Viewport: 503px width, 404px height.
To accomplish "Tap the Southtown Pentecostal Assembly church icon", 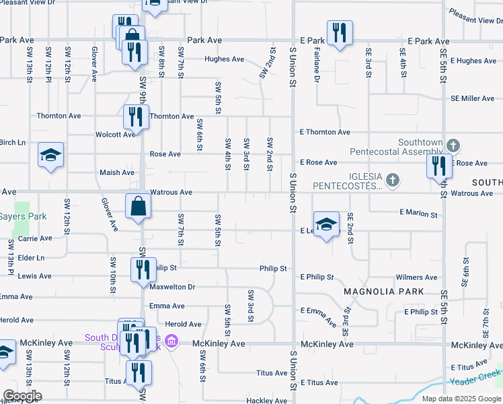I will point(453,145).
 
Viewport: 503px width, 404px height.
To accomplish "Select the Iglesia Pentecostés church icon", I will point(393,180).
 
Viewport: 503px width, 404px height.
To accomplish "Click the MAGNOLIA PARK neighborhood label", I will point(383,292).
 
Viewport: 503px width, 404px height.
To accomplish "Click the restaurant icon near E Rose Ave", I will point(440,165).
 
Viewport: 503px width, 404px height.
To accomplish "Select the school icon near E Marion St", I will point(326,225).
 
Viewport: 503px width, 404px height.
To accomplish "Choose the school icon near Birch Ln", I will point(51,156).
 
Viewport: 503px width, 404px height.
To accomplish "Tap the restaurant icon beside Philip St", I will point(143,269).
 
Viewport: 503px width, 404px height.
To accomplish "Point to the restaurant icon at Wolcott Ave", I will point(136,116).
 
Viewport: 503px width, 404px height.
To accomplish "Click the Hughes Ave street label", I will point(224,59).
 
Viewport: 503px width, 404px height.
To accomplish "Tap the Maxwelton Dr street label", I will point(172,287).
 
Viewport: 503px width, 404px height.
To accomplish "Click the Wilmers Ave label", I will point(417,277).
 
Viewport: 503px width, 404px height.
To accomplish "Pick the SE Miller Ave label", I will point(473,99).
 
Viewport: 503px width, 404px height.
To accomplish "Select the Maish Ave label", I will point(117,173).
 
